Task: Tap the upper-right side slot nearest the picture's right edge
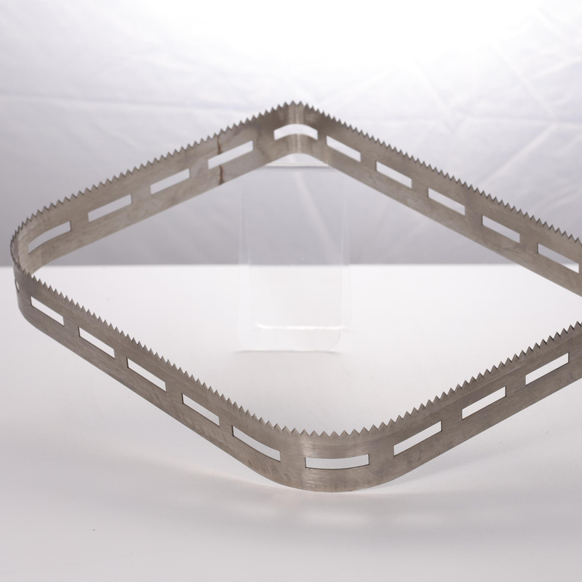(558, 257)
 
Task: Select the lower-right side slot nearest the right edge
(546, 368)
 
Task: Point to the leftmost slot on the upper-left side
(50, 235)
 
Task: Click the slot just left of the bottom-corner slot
(255, 443)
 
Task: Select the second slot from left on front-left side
(96, 342)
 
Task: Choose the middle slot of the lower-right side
(483, 402)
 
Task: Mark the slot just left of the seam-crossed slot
(170, 181)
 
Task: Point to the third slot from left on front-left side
(146, 373)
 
